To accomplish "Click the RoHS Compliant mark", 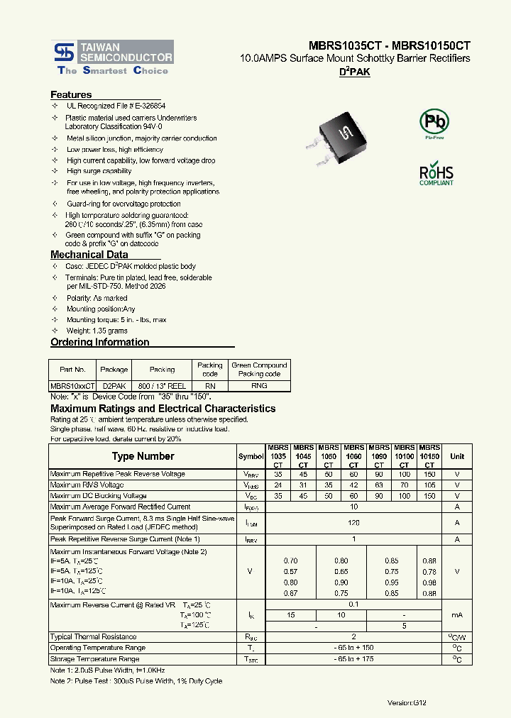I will pyautogui.click(x=436, y=175).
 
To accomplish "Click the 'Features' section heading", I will pyautogui.click(x=71, y=94).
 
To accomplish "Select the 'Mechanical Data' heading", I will pyautogui.click(x=89, y=255).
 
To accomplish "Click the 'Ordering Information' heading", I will pyautogui.click(x=100, y=342).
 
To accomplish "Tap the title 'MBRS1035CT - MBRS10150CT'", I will pyautogui.click(x=390, y=45).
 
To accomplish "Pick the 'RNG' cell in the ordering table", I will pyautogui.click(x=259, y=386).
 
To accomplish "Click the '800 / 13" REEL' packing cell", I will pyautogui.click(x=162, y=386).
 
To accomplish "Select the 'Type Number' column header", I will pyautogui.click(x=143, y=456).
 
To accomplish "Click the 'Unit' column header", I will pyautogui.click(x=457, y=456).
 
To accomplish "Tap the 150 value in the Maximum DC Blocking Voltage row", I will pyautogui.click(x=429, y=496).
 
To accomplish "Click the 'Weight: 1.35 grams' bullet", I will pyautogui.click(x=97, y=331).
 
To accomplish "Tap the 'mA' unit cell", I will pyautogui.click(x=457, y=615).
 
